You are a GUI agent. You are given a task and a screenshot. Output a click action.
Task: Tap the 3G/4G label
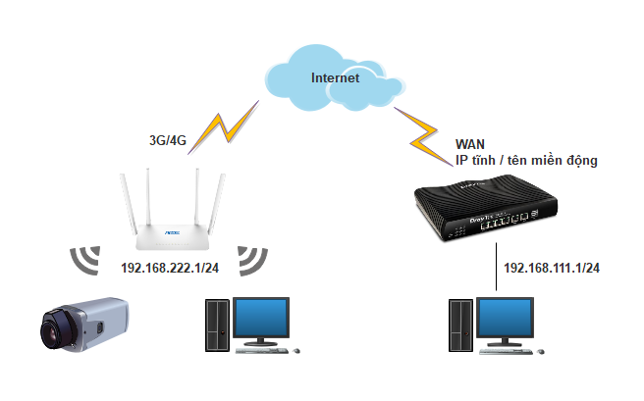[x=161, y=139]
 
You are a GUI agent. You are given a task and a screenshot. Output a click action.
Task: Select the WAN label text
[x=470, y=143]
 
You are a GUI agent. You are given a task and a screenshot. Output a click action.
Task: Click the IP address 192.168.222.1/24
[x=169, y=267]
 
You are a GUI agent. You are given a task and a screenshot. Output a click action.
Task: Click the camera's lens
[x=50, y=328]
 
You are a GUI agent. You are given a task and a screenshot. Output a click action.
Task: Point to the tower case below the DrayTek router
[x=459, y=325]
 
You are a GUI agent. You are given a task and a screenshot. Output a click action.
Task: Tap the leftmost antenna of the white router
[x=125, y=197]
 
